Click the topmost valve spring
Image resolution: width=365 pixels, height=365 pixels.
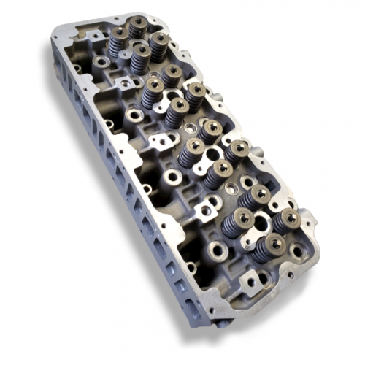137,27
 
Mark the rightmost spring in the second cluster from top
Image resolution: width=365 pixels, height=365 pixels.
195,95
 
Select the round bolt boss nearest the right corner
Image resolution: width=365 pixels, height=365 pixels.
297,252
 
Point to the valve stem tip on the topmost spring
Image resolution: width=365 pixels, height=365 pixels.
137,21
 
